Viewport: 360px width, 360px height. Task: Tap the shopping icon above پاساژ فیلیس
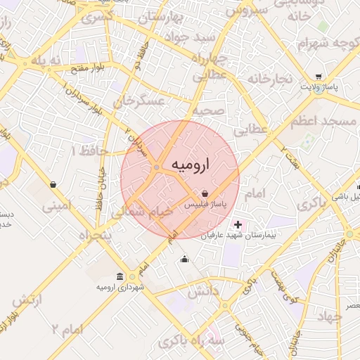pos(205,193)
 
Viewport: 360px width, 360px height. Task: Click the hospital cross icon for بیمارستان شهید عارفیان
pos(238,225)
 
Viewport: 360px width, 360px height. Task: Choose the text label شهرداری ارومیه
pos(121,287)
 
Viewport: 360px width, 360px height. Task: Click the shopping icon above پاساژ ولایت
pos(319,77)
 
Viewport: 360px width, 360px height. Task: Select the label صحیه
pos(210,110)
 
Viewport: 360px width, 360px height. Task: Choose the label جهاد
pos(329,317)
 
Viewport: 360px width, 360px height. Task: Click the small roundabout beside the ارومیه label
pos(156,167)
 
